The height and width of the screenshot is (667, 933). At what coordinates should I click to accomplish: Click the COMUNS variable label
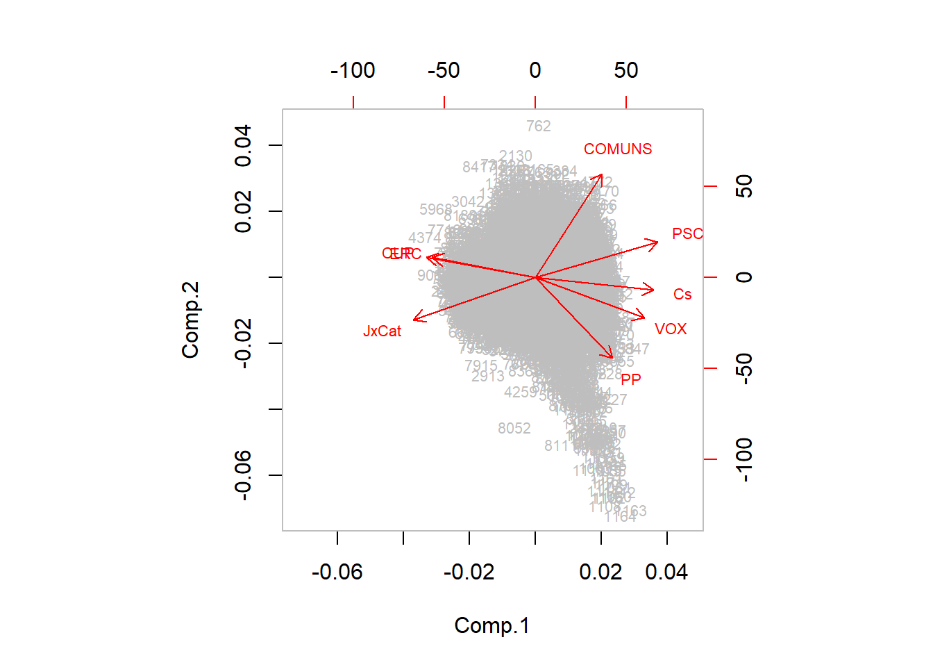[x=618, y=149]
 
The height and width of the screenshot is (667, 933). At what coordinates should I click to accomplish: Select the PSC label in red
[x=687, y=234]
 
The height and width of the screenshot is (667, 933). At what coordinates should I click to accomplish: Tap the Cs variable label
[x=682, y=295]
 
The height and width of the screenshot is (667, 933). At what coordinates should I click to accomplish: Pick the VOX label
[x=671, y=329]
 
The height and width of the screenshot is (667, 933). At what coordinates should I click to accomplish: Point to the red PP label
[x=631, y=379]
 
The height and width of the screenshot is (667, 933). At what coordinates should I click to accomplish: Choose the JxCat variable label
[x=382, y=331]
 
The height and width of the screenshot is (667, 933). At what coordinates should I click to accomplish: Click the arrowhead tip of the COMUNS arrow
[x=601, y=175]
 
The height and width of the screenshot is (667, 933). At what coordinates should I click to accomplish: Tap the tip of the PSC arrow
[x=657, y=242]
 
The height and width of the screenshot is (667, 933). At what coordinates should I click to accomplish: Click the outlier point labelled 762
[x=539, y=126]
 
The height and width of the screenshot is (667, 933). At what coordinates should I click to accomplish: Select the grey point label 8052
[x=514, y=429]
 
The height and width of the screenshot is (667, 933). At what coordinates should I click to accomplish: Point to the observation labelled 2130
[x=516, y=156]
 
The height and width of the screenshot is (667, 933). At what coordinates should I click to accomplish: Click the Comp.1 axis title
[x=491, y=625]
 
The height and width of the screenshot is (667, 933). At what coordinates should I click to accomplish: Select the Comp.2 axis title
[x=190, y=320]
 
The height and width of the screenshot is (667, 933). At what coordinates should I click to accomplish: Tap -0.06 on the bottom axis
[x=337, y=572]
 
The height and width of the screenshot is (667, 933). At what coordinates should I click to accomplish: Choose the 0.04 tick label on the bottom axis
[x=666, y=572]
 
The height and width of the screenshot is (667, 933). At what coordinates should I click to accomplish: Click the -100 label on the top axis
[x=353, y=70]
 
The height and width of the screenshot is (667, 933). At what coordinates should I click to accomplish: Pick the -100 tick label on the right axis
[x=743, y=459]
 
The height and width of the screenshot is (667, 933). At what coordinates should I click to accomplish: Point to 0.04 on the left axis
[x=243, y=145]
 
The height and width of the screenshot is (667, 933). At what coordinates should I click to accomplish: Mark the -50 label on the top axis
[x=444, y=70]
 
